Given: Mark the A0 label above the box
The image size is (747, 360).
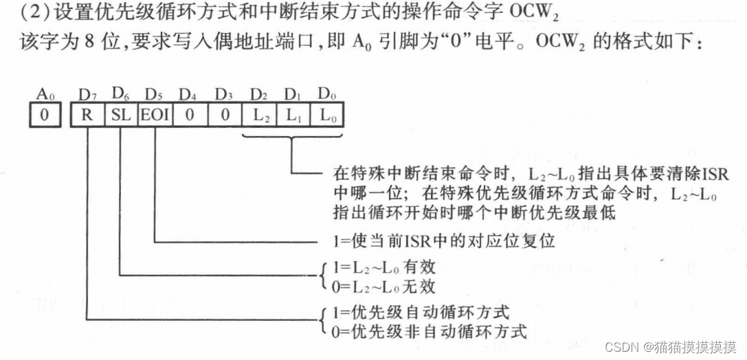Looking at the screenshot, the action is click(x=43, y=93).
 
